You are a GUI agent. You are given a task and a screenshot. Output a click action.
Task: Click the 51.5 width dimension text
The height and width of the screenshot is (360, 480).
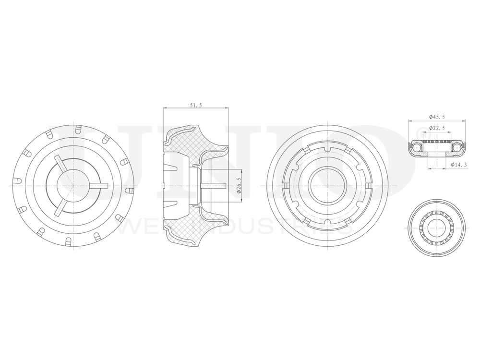195,105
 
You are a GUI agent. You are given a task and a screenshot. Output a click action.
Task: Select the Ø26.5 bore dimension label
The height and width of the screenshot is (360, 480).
239,185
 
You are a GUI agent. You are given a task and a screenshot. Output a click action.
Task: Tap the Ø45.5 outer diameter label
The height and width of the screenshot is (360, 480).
436,117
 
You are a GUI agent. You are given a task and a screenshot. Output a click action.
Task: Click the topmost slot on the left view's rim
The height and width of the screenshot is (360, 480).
76,129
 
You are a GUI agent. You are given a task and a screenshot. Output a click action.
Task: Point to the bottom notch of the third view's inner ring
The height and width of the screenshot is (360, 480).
327,221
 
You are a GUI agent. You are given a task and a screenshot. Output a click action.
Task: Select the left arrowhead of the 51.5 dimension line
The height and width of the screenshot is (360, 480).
165,109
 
